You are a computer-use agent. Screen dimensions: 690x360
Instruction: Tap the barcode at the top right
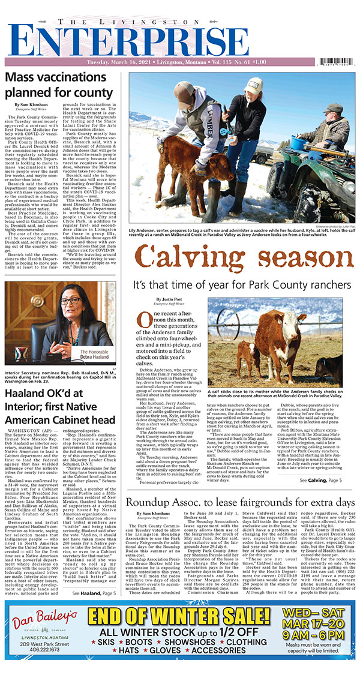[x=338, y=62]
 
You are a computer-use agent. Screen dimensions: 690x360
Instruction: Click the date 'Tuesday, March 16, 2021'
[x=118, y=62]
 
